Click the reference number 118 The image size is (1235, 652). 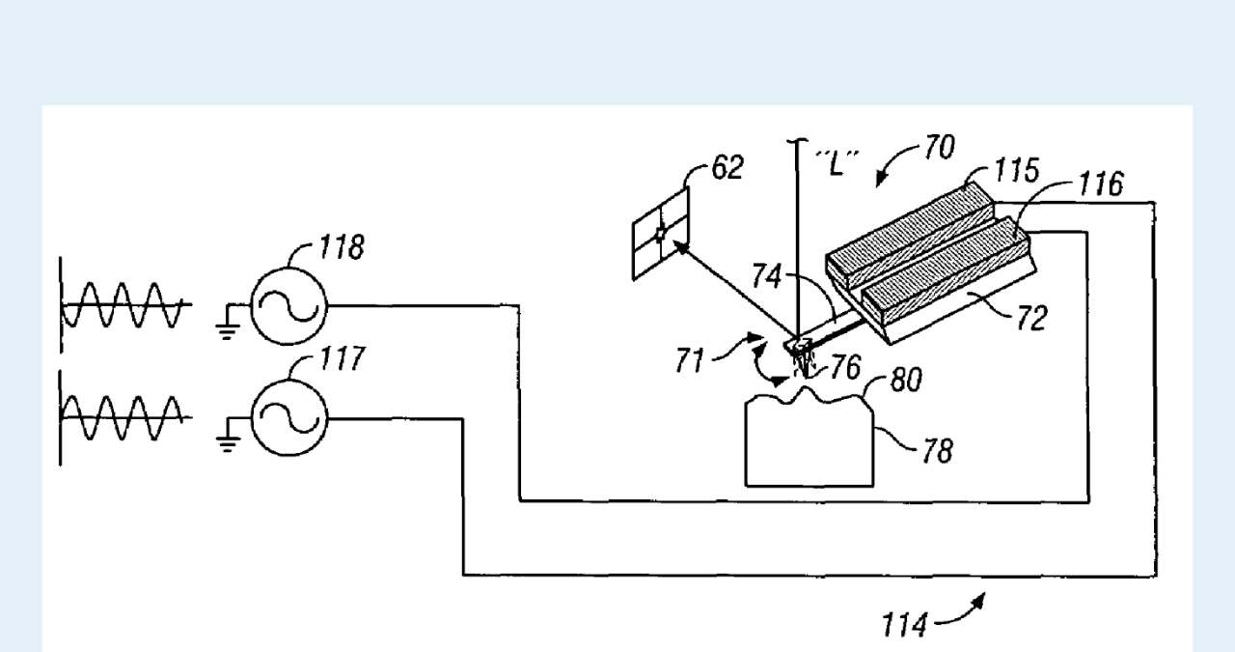coord(343,248)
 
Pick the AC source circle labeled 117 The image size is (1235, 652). coord(288,417)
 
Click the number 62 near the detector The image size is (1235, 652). coord(727,168)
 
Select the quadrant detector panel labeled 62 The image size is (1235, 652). coord(662,234)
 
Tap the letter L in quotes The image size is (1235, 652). coord(837,163)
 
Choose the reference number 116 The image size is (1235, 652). coord(1100,184)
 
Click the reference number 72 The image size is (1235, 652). coord(1030,318)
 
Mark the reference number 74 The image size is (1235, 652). coord(768,277)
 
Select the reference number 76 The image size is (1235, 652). coord(845,368)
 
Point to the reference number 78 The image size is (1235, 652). coord(934,450)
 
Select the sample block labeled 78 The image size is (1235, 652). coord(810,444)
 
